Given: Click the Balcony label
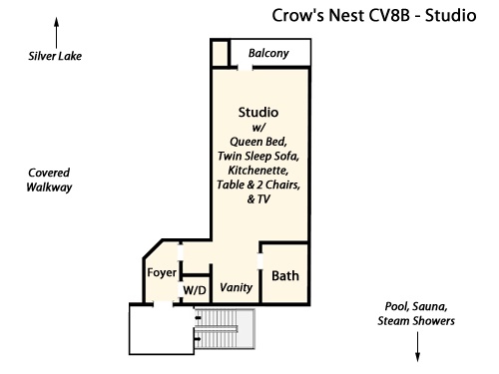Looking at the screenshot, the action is click(268, 53).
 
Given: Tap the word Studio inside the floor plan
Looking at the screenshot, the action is click(258, 113).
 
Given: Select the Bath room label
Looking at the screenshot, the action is click(285, 276).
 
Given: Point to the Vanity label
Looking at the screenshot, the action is click(236, 287).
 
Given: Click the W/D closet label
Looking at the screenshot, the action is click(195, 290).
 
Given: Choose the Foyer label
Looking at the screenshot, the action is click(162, 272).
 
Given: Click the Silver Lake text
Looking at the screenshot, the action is click(55, 56).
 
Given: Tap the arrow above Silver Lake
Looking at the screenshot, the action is click(57, 33).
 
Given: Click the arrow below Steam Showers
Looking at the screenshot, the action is click(417, 347).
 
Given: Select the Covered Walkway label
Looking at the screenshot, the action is click(49, 180).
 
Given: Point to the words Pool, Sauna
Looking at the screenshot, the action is click(416, 306).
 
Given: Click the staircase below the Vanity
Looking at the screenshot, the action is click(225, 329).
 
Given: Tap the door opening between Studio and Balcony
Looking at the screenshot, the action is click(246, 68).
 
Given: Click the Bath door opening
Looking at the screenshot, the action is click(260, 260).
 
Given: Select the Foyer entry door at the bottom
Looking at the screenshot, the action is click(163, 303).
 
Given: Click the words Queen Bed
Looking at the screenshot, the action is click(258, 142).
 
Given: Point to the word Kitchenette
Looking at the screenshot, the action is click(258, 171).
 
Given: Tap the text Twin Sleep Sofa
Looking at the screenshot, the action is click(258, 157).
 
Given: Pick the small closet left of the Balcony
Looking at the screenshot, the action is click(220, 53).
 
